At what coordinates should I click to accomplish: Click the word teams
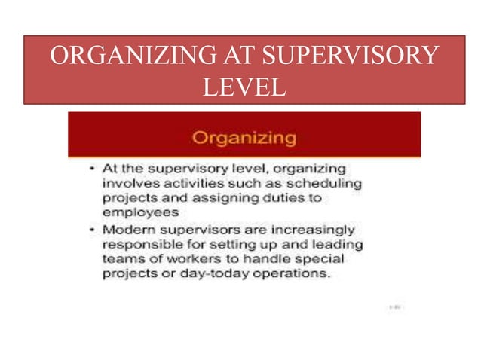[123, 259]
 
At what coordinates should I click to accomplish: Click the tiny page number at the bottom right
[394, 307]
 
